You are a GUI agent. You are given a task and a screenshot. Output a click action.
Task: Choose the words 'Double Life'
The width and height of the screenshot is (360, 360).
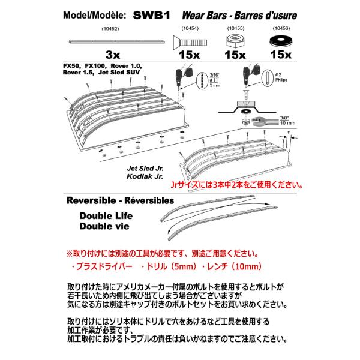coord(106,218)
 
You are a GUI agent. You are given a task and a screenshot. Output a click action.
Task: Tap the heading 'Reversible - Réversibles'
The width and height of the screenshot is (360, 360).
coord(120,201)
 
